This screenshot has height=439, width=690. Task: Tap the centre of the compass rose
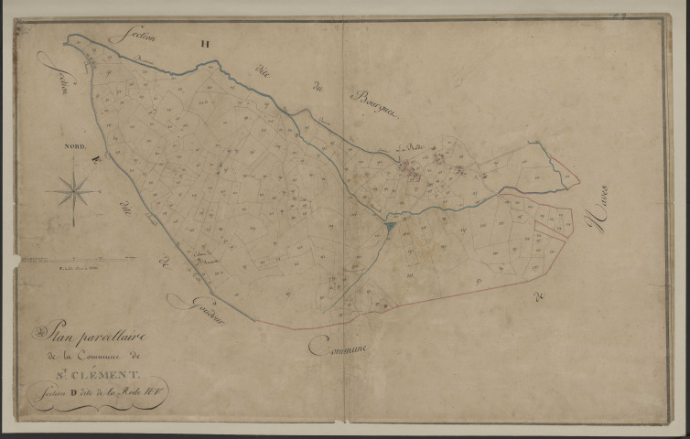74,191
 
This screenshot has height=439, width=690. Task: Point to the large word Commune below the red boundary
337,346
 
